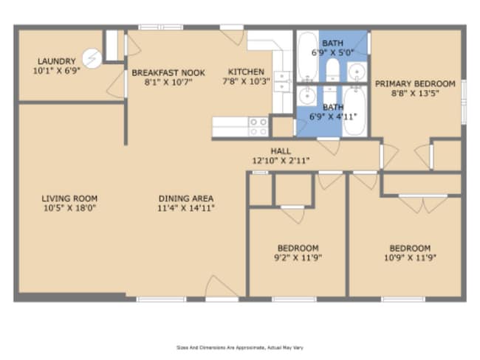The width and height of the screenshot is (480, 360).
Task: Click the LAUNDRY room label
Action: (57, 61)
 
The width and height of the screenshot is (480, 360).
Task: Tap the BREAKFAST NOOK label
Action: (168, 73)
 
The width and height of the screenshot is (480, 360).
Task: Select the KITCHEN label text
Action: (246, 72)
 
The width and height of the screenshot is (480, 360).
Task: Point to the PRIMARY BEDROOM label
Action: (415, 84)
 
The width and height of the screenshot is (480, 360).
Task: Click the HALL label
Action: (281, 151)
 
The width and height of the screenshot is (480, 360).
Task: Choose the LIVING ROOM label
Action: (69, 198)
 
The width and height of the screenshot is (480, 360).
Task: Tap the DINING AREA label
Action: (186, 198)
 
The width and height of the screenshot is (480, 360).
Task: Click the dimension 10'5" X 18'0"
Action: (70, 208)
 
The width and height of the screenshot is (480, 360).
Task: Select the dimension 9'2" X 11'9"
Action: (298, 258)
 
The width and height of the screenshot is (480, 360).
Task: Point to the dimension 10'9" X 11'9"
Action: (410, 258)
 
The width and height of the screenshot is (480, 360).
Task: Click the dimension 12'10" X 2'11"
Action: (281, 161)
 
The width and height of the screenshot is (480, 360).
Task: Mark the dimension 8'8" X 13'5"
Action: (415, 93)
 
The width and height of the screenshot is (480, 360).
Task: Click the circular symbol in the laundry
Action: (92, 58)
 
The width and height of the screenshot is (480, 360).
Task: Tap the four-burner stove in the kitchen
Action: (258, 127)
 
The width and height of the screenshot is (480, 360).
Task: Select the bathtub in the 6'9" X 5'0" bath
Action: (308, 56)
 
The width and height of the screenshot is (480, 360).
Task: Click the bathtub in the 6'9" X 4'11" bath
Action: (354, 111)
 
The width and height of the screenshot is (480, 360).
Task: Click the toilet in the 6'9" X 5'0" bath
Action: (332, 69)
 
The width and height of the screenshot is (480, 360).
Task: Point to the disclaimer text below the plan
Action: (240, 347)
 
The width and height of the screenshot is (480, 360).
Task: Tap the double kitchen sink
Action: (282, 81)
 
